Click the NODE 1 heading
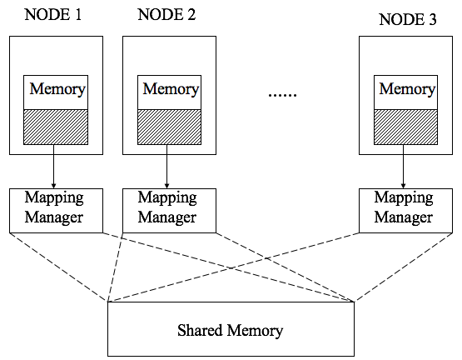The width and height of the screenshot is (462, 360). (53, 14)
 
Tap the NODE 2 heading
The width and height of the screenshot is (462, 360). (166, 14)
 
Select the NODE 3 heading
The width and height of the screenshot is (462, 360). (408, 19)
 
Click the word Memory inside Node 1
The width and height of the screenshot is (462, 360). (57, 89)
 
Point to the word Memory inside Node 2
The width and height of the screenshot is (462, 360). (171, 89)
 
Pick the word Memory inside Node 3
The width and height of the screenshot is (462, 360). (407, 89)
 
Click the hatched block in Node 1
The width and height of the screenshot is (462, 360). (56, 127)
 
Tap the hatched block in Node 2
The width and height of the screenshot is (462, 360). (170, 127)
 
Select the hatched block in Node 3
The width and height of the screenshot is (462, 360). (405, 127)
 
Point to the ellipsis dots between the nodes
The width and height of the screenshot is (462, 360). (282, 95)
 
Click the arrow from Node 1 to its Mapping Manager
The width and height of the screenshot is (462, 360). (53, 167)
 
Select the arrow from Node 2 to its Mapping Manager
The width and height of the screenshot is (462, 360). (166, 167)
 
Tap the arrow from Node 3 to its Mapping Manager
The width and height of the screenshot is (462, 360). (404, 167)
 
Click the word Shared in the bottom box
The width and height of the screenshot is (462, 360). (200, 330)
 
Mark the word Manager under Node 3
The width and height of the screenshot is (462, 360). (404, 217)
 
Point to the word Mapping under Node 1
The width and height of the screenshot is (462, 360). (54, 198)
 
